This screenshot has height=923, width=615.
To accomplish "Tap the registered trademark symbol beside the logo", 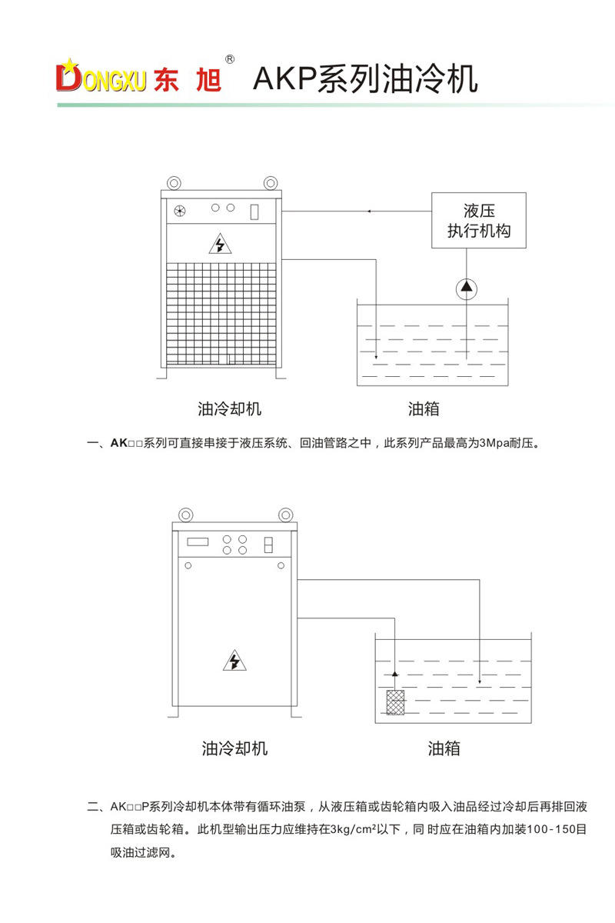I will coord(229,58).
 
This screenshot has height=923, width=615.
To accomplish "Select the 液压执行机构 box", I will coord(478,220).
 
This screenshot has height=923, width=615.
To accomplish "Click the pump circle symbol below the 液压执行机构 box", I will coord(466,288).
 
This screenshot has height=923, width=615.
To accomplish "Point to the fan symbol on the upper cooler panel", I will coord(180,211).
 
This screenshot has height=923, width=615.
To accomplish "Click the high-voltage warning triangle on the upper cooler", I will coord(221,244).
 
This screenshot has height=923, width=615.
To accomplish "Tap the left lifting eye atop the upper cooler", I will coord(174,182).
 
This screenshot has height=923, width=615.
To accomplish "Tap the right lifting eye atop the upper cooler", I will coord(270,182).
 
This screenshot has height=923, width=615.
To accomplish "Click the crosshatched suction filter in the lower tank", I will coord(394,702).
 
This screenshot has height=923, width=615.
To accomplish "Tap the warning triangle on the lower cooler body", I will coord(233,660).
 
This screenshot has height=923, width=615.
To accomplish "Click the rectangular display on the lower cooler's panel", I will coord(198,541).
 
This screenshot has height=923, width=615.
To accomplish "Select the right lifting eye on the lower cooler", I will coord(286,513).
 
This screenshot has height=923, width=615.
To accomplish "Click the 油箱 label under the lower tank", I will coord(444,748).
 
